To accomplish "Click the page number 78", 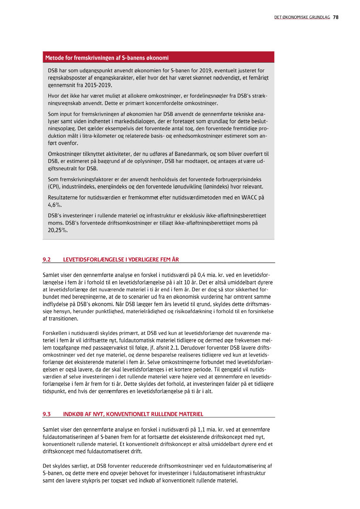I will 336,17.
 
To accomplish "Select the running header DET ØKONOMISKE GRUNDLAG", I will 302,17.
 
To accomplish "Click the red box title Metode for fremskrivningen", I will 107,57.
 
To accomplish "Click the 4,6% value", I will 54,204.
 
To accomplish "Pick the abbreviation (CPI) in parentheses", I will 54,186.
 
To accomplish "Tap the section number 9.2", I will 47,260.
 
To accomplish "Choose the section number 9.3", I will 47,414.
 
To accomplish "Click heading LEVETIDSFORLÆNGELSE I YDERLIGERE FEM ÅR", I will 121,260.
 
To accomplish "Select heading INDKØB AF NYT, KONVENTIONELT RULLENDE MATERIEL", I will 133,414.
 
